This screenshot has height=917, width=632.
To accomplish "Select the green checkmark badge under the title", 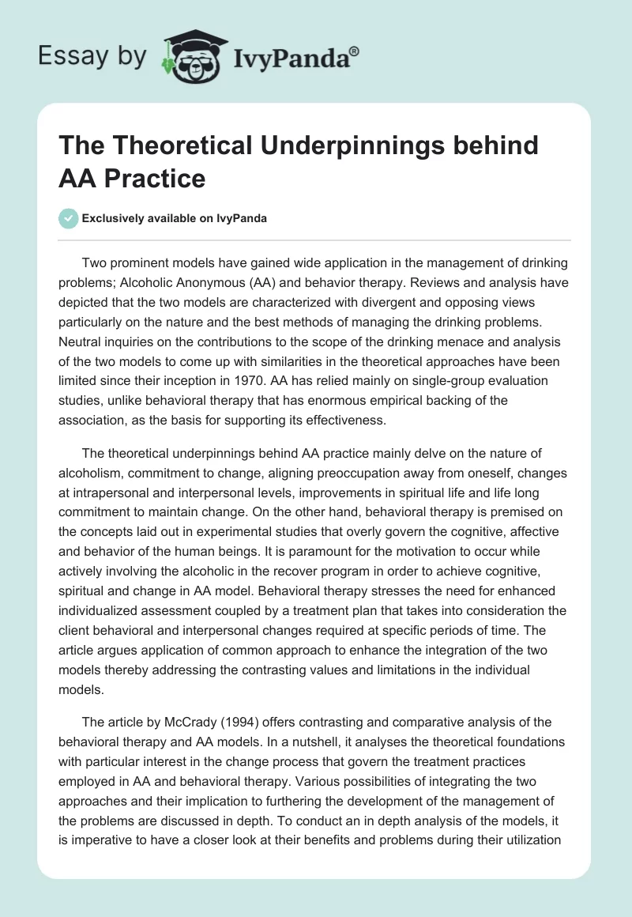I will tap(68, 218).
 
